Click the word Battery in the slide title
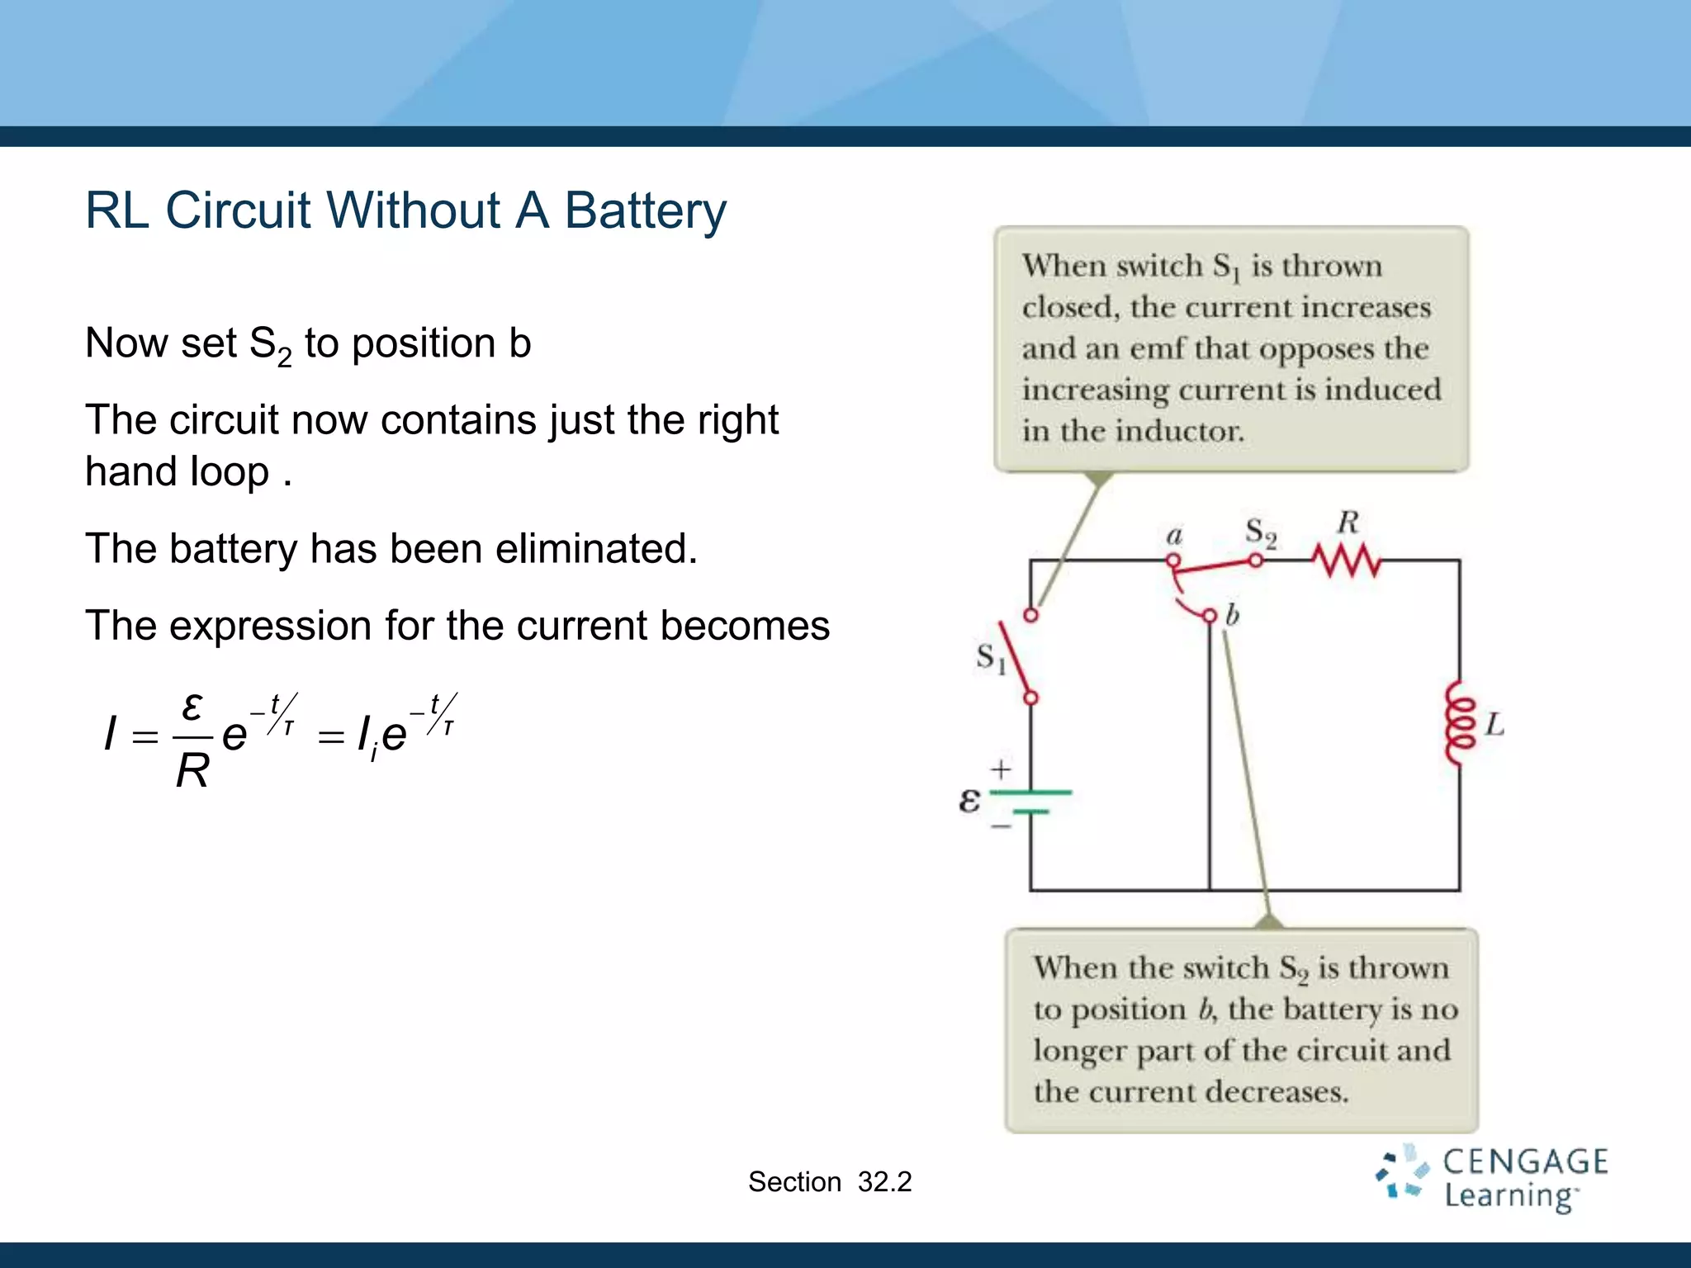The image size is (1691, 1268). (x=645, y=211)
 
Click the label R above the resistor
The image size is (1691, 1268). (x=1348, y=523)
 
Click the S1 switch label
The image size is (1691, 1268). (x=991, y=658)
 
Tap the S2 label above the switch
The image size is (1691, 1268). (x=1261, y=532)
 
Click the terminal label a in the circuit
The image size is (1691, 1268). (x=1174, y=536)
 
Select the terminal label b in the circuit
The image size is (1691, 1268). (x=1232, y=615)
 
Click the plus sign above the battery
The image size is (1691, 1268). (x=1001, y=769)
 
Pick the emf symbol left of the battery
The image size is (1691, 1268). (x=969, y=800)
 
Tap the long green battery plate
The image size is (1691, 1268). (x=1030, y=792)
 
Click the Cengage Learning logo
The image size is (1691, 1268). (x=1491, y=1178)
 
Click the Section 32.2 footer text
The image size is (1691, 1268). (x=829, y=1182)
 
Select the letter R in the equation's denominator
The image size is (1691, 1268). (x=192, y=773)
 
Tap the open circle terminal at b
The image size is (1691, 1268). (x=1210, y=616)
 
